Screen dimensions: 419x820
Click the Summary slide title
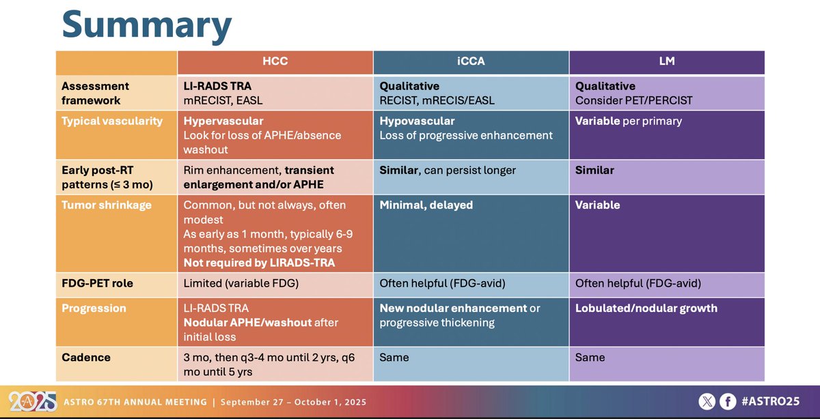[x=146, y=25]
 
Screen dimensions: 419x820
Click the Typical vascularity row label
[x=112, y=121]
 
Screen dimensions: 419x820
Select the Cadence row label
[x=86, y=357]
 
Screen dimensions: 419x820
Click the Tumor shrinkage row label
[x=105, y=205]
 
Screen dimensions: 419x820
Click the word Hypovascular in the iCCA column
[x=417, y=121]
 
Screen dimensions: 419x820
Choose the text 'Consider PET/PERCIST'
[x=633, y=100]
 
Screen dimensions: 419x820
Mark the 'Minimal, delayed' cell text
[x=426, y=205]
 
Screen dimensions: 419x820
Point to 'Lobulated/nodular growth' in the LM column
[x=646, y=308]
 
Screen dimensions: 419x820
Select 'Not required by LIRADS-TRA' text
[x=259, y=263]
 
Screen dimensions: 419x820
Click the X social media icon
[x=707, y=402]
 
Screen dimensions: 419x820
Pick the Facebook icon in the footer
[x=728, y=402]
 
